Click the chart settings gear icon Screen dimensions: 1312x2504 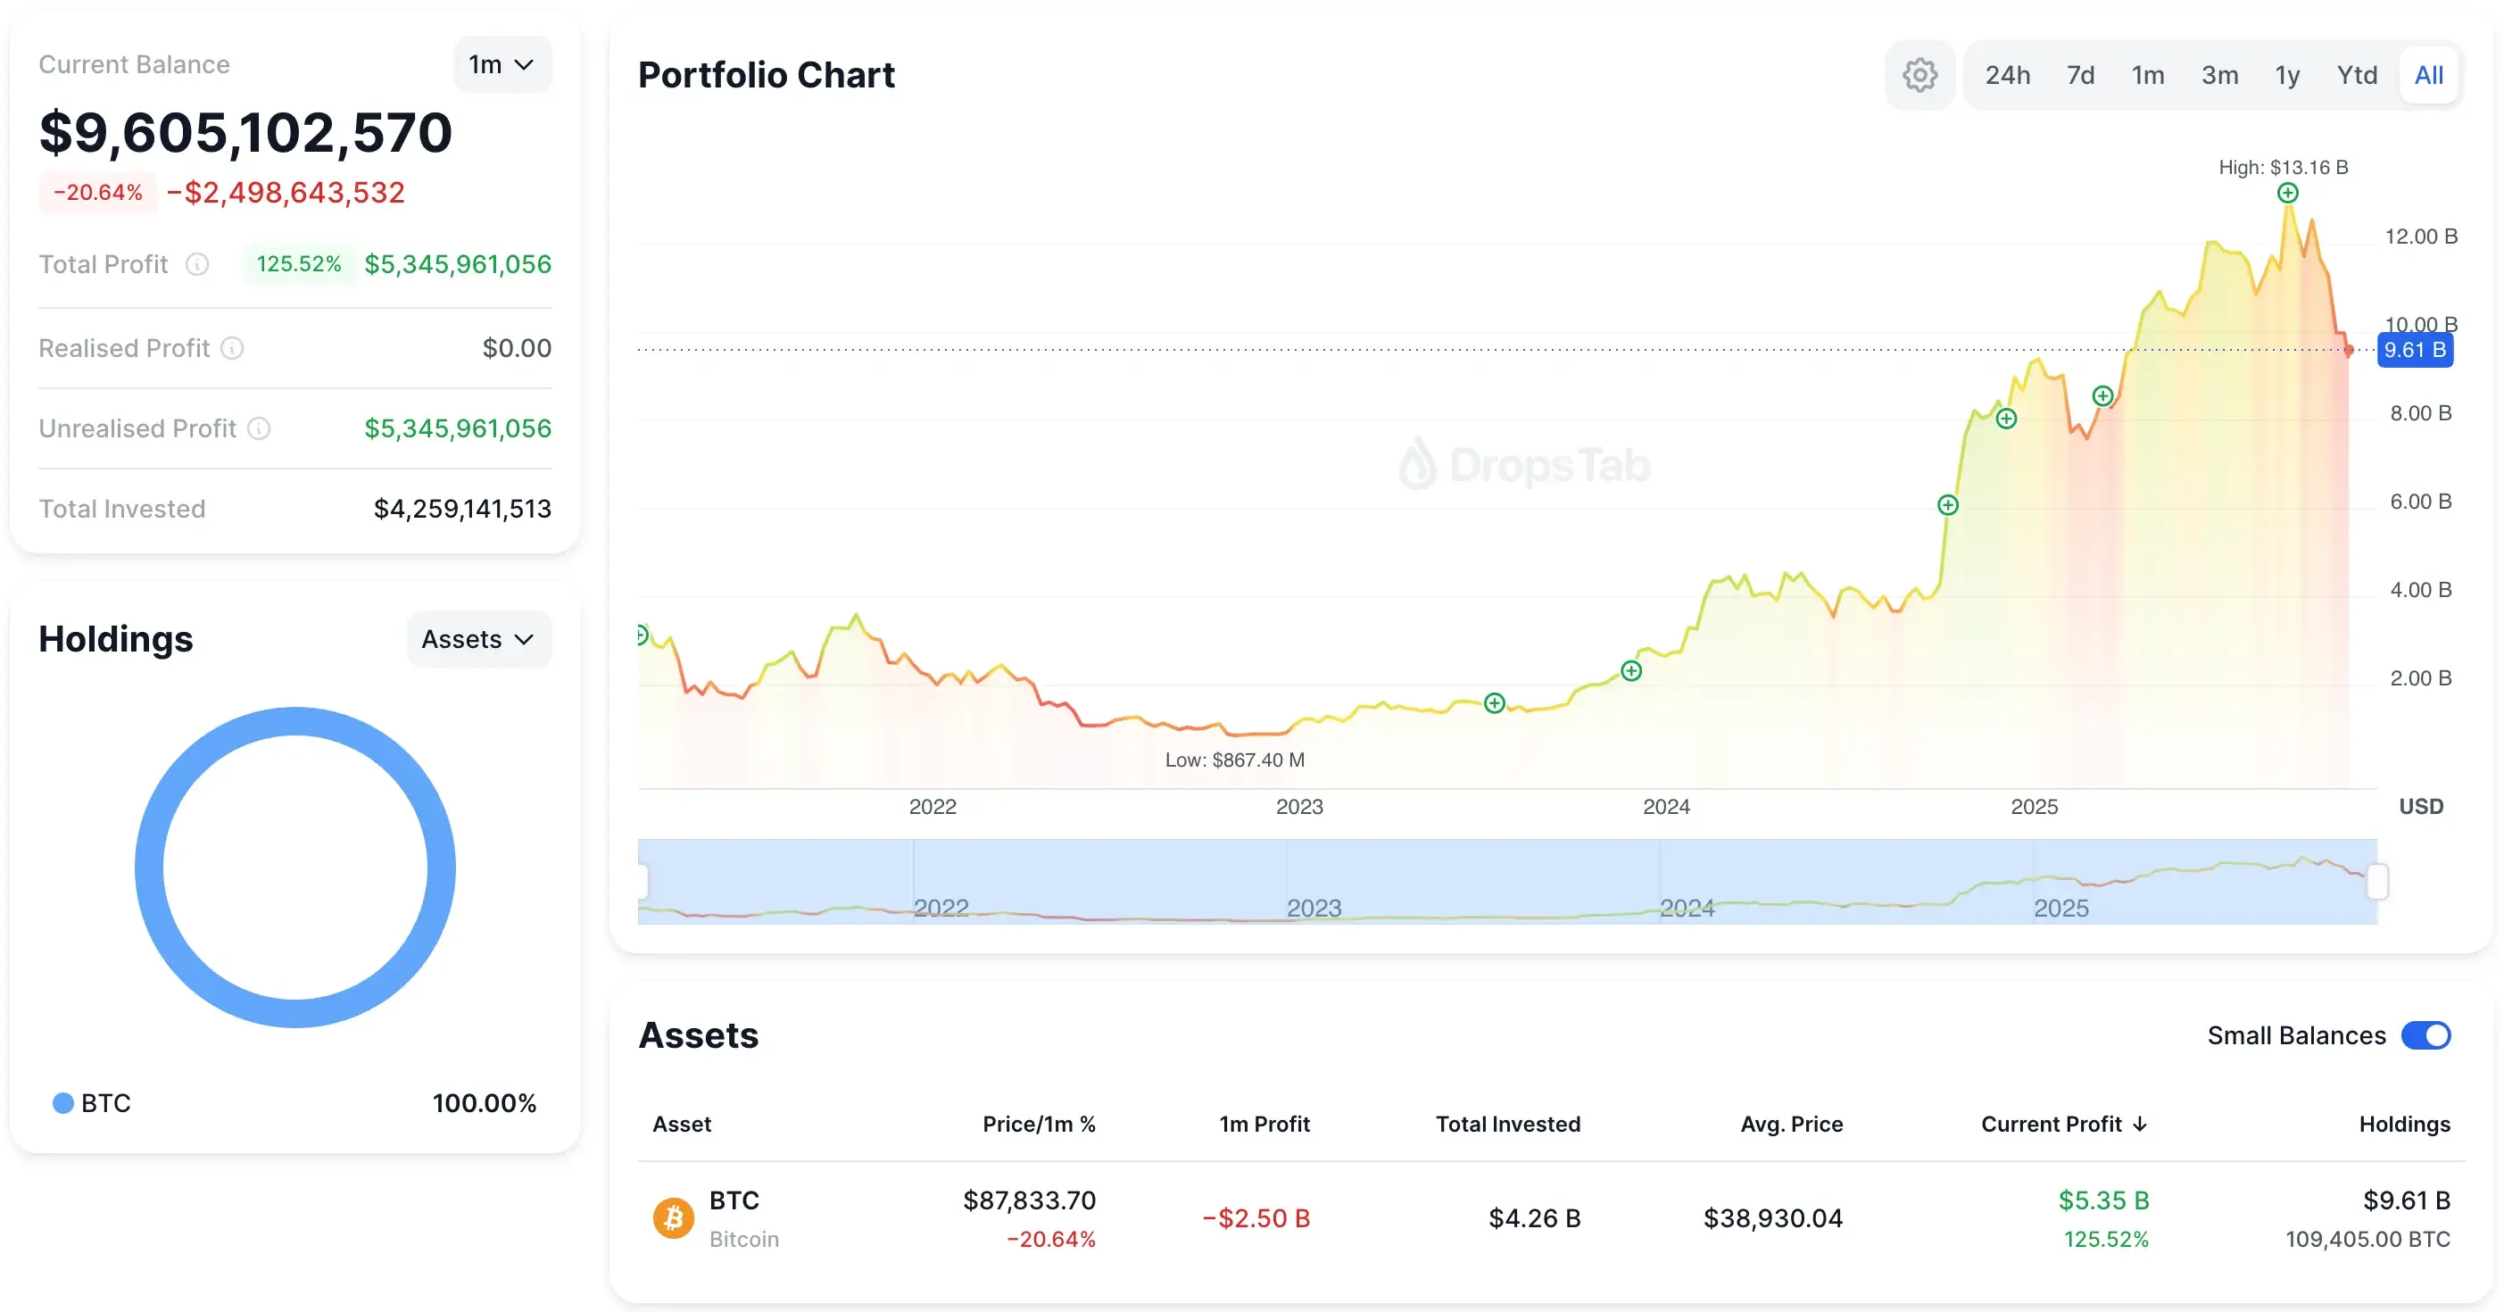click(1919, 75)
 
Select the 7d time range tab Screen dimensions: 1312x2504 click(2080, 75)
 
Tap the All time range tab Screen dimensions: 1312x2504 click(2428, 75)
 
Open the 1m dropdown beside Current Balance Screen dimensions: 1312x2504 click(502, 64)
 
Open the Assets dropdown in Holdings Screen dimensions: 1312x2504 click(478, 638)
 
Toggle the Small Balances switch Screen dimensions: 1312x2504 click(2425, 1035)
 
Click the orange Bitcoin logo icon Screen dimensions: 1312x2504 click(673, 1217)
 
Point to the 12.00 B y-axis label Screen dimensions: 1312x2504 click(2420, 237)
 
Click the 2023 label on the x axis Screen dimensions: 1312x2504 click(1298, 807)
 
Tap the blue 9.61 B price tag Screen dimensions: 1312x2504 click(2415, 350)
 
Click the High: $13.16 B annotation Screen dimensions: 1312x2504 click(2283, 167)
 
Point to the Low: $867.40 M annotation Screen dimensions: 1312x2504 click(1234, 760)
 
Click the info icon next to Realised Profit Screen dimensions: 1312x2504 click(232, 348)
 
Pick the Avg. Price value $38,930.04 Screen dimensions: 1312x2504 click(1772, 1217)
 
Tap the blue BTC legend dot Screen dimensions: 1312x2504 click(63, 1103)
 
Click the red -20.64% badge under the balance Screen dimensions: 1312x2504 click(98, 193)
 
